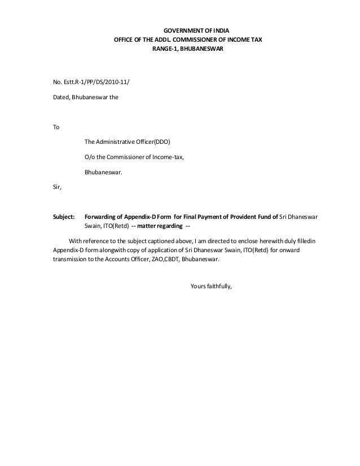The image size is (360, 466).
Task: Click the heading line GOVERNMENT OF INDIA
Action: tap(188, 30)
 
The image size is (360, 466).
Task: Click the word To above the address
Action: tap(56, 127)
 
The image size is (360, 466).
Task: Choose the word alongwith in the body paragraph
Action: tap(113, 251)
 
